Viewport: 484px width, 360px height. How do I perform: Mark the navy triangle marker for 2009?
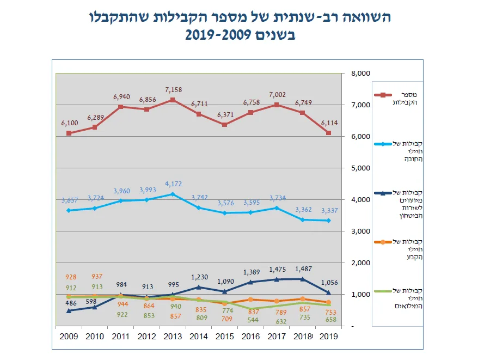(x=69, y=310)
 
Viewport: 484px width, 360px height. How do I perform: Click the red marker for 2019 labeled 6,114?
(x=329, y=133)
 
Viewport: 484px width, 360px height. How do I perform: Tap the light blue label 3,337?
(x=329, y=211)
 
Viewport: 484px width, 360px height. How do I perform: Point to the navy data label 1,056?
(x=329, y=283)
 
